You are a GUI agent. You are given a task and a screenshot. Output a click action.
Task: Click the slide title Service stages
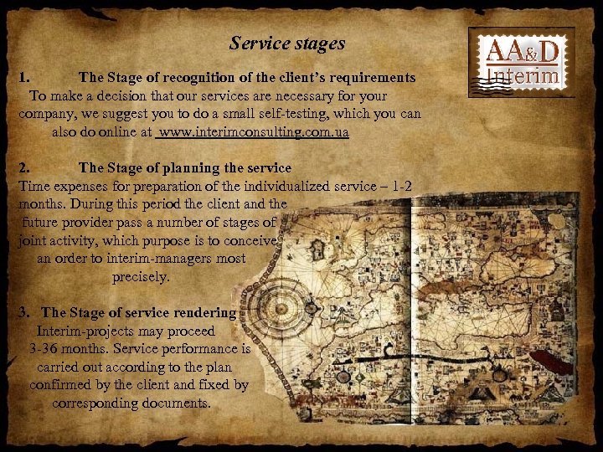(x=287, y=43)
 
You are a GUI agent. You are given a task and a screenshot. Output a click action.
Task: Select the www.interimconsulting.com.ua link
(x=255, y=132)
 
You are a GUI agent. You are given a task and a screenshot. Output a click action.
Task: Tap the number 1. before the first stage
(x=25, y=78)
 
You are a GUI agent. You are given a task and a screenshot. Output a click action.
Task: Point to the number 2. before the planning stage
(x=25, y=168)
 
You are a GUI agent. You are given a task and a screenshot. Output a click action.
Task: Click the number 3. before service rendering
(x=25, y=313)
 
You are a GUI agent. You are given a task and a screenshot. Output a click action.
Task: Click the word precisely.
(x=141, y=277)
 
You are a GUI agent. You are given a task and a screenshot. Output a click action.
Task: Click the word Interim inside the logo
(x=525, y=77)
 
